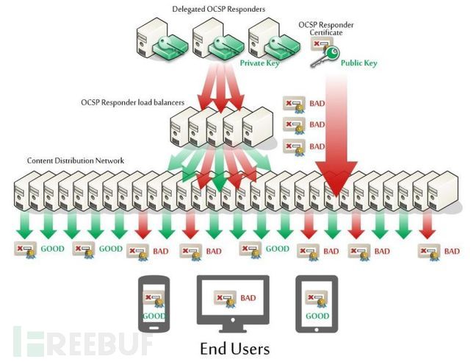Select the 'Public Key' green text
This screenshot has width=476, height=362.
359,63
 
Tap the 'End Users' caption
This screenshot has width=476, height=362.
234,347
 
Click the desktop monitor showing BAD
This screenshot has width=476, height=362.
233,302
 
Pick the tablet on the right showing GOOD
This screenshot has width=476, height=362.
317,304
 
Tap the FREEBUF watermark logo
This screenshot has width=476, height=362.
81,341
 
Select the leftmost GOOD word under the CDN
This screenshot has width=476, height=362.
53,249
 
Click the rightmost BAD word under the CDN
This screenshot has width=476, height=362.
452,251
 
